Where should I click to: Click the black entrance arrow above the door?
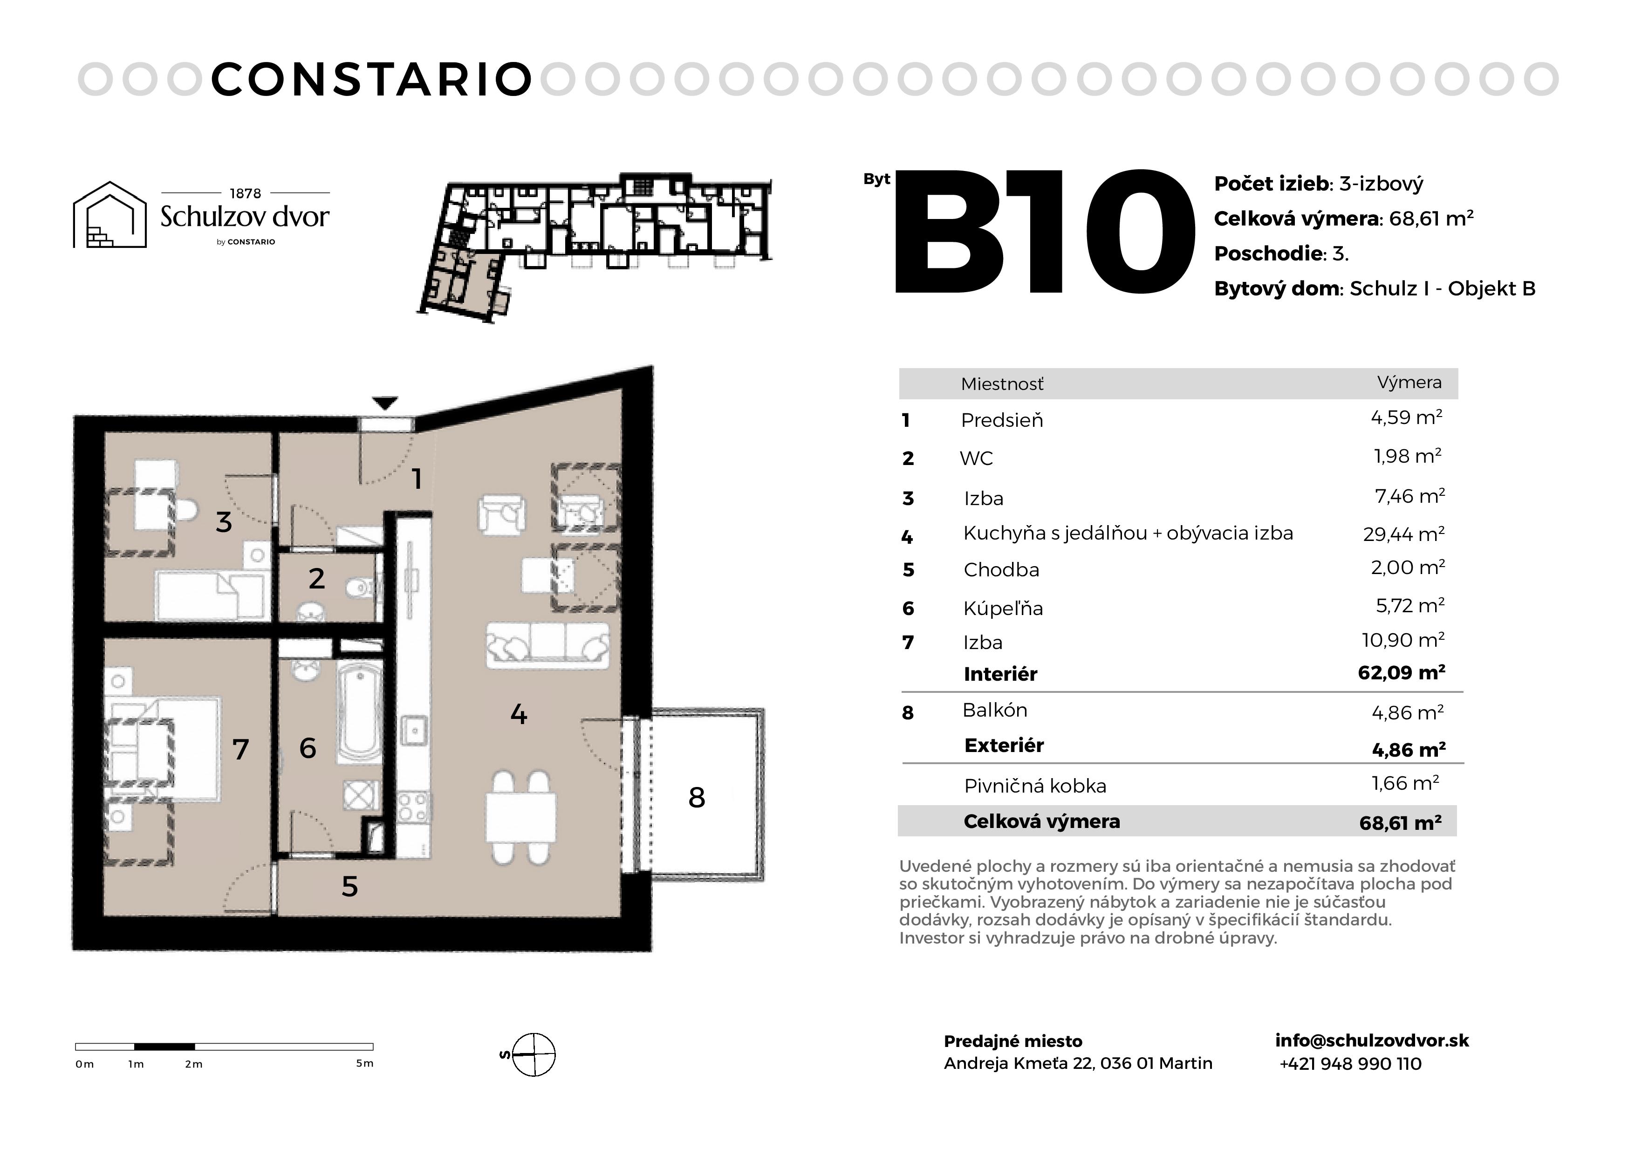click(x=385, y=403)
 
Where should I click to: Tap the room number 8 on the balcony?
click(x=697, y=798)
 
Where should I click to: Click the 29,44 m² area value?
click(x=1403, y=534)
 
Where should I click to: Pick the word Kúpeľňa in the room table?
click(x=1003, y=608)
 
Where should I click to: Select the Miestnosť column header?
click(x=1002, y=384)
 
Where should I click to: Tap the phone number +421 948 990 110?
click(x=1350, y=1064)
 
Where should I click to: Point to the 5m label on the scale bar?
click(x=364, y=1063)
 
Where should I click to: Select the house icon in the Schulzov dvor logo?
click(x=109, y=214)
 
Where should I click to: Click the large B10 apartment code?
click(x=1044, y=232)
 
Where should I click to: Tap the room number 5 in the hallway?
click(x=349, y=886)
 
